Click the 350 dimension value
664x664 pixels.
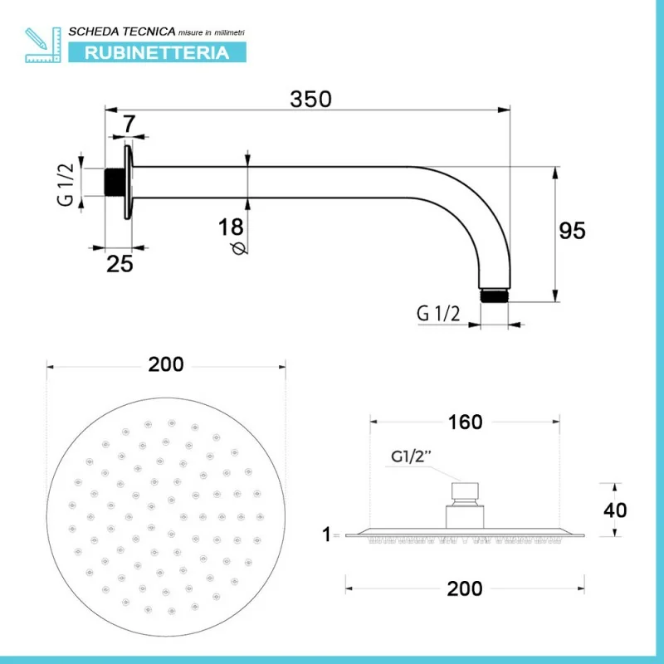pos(310,99)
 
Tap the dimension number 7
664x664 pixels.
pos(129,124)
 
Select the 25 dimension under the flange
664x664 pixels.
pos(120,264)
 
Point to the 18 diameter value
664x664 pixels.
pos(231,227)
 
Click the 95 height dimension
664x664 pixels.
pos(572,231)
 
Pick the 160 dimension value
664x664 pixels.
pos(465,422)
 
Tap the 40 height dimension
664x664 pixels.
pos(615,510)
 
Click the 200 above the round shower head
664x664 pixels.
pos(166,364)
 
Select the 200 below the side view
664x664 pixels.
pos(465,588)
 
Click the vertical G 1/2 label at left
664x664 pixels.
pos(66,185)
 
